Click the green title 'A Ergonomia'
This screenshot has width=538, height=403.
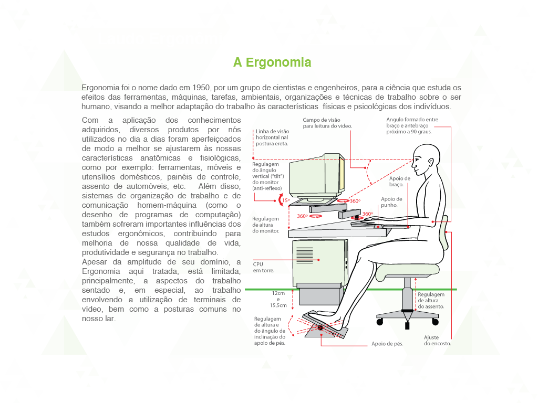point(272,62)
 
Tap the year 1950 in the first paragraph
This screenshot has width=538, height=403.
point(201,88)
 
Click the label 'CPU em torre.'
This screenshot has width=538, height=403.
point(264,267)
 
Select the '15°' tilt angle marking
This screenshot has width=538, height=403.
point(286,200)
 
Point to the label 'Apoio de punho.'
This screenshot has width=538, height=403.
point(391,202)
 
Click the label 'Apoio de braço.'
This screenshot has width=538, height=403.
point(399,182)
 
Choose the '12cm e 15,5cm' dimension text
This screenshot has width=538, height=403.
point(278,299)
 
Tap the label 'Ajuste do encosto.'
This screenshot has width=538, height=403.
point(437,340)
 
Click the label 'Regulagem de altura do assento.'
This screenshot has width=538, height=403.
point(431,301)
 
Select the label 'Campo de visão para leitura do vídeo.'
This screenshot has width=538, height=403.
point(327,123)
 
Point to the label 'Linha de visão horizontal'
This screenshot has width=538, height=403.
point(273,134)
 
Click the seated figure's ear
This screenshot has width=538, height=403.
point(430,163)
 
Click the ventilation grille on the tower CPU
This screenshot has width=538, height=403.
point(304,255)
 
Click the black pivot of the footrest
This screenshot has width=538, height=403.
point(320,328)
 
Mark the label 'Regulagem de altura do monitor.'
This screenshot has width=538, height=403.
point(265,225)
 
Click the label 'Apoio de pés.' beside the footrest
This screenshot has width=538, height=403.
point(387,344)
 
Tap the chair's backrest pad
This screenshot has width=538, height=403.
point(444,232)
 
